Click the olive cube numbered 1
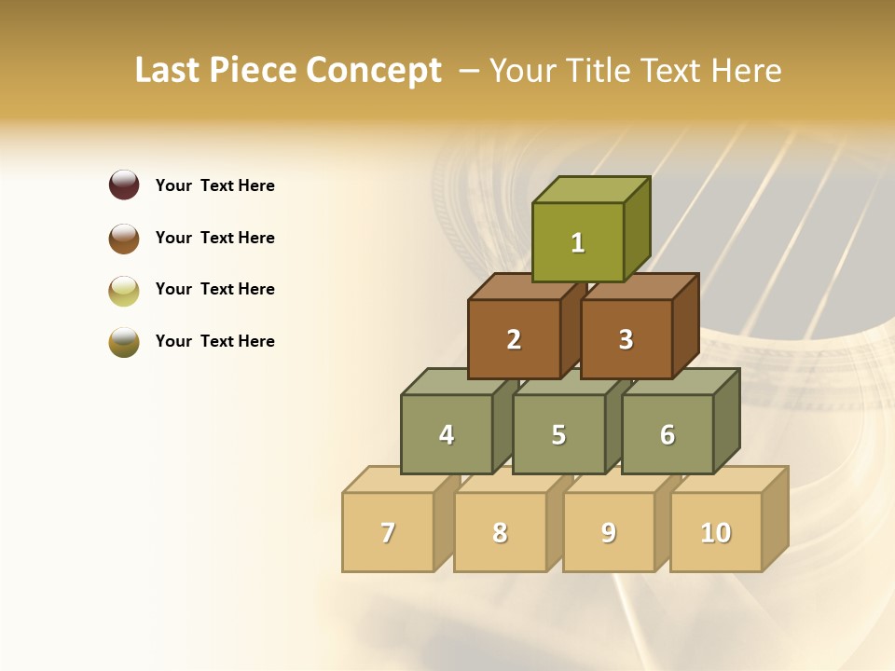(578, 242)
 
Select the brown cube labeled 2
(514, 339)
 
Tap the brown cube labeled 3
(626, 339)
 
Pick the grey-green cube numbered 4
(447, 434)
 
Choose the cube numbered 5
(558, 434)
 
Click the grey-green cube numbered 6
(668, 434)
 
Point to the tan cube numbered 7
(388, 532)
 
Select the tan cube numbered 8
(500, 532)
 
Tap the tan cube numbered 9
(609, 532)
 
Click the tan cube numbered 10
(716, 532)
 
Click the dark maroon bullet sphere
(124, 185)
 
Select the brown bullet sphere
(124, 238)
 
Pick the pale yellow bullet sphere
(124, 290)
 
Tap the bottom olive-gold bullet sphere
(124, 342)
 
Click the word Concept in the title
(374, 71)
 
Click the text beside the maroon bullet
(215, 185)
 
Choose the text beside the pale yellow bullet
(215, 289)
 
